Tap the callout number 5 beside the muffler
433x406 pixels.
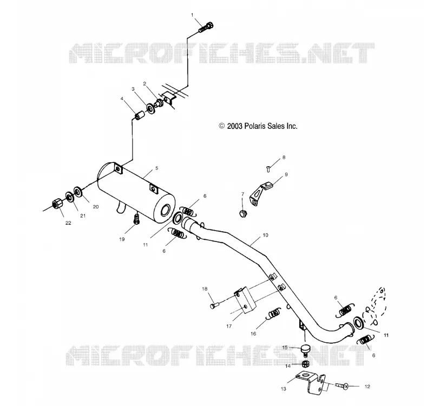(x=156, y=168)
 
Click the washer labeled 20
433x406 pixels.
(x=78, y=192)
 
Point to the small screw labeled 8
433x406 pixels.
(x=268, y=169)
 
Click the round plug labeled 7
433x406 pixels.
(x=242, y=213)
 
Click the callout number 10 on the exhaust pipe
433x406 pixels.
(x=265, y=235)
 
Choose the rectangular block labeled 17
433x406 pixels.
(x=245, y=300)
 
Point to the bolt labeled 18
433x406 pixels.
(x=214, y=305)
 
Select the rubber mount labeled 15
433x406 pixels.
(x=305, y=349)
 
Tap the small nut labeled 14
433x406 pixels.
(x=305, y=363)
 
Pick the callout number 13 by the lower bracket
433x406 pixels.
(x=283, y=389)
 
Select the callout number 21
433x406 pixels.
(x=83, y=216)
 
